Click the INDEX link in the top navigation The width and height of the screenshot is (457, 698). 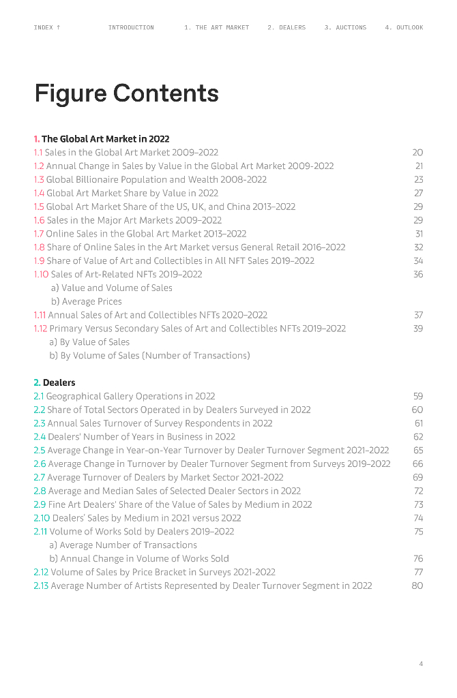[47, 28]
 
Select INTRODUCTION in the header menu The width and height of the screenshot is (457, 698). [131, 28]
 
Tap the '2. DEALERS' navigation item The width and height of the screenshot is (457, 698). [286, 28]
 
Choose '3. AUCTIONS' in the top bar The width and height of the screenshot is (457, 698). [345, 28]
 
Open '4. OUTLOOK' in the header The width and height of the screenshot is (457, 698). [404, 28]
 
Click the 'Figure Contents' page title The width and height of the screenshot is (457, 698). [127, 93]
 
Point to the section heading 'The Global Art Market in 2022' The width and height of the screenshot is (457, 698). [105, 139]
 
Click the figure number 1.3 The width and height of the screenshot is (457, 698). [39, 180]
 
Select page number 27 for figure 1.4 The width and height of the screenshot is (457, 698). [418, 194]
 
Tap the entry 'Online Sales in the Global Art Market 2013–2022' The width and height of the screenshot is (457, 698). [146, 234]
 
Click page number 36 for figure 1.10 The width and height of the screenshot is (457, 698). [418, 275]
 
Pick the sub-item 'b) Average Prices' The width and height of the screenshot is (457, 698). [87, 301]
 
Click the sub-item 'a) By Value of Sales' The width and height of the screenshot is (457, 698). [89, 342]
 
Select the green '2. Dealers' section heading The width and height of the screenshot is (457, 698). [55, 383]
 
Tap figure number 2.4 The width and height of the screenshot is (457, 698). [39, 437]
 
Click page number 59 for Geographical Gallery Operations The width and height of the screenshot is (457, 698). [418, 396]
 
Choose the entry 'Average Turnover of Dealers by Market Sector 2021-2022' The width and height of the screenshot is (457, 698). [165, 478]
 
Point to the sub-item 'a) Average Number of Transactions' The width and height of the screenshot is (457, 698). [123, 545]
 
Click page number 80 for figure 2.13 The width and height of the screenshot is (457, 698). [417, 586]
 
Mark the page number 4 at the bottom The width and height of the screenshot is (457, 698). [421, 664]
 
